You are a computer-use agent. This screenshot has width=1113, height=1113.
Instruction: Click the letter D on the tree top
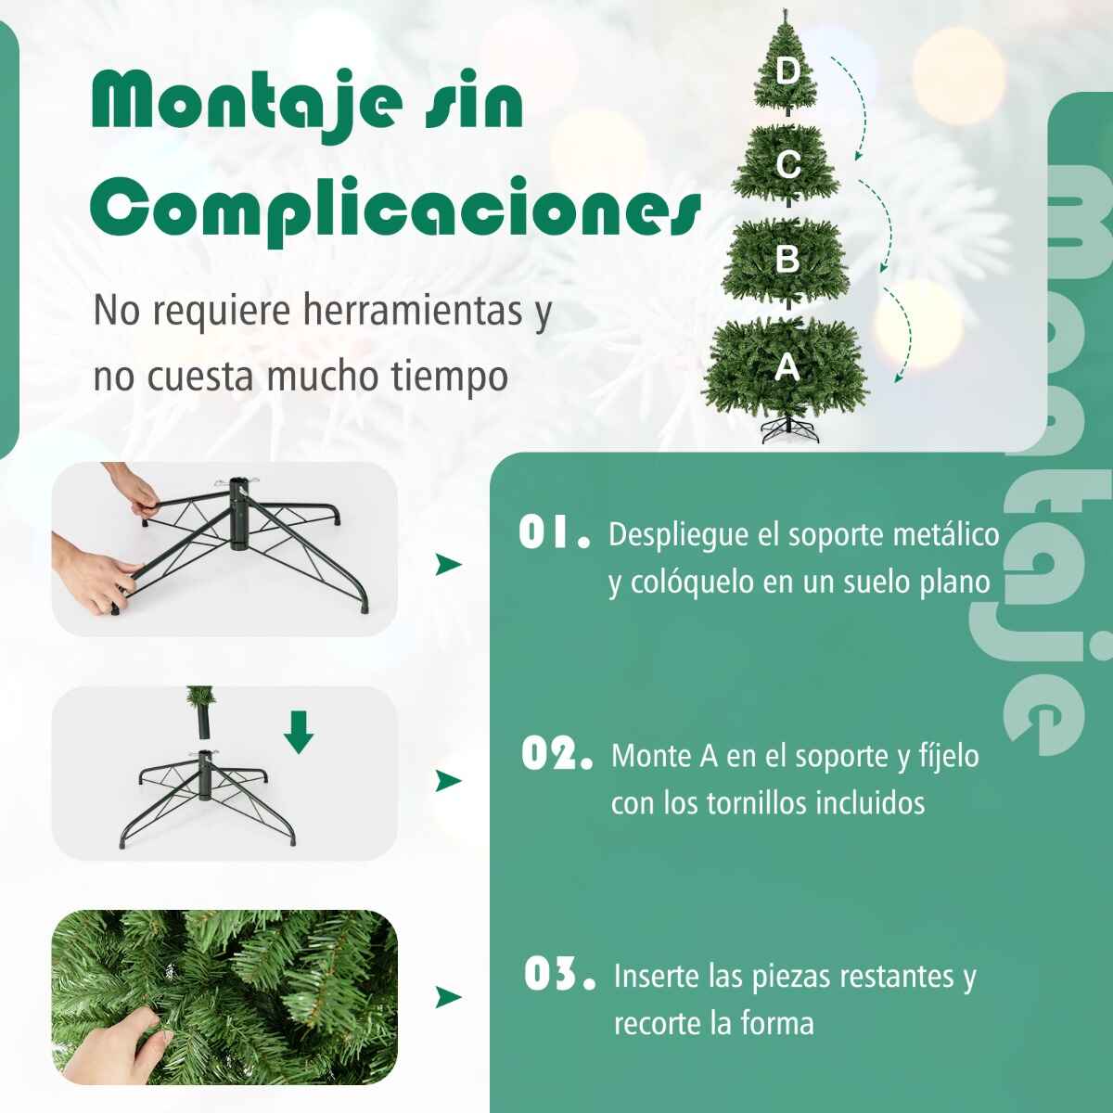pos(787,71)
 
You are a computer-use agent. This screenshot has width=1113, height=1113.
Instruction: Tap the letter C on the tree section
pos(787,164)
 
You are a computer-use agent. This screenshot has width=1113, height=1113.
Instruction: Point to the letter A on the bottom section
pos(787,367)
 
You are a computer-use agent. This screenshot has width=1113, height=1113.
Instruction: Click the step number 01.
pos(555,532)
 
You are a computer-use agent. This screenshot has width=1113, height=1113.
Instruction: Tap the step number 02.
pos(556,754)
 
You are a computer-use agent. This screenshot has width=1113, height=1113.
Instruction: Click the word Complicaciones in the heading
pos(396,212)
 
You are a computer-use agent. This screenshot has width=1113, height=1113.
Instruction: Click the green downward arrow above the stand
pos(299,733)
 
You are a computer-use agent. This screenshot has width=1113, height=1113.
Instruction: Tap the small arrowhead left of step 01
pos(448,564)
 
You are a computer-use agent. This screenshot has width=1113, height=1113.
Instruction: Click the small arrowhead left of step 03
pos(448,996)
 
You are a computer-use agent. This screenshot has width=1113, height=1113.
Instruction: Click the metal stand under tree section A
pos(790,429)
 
